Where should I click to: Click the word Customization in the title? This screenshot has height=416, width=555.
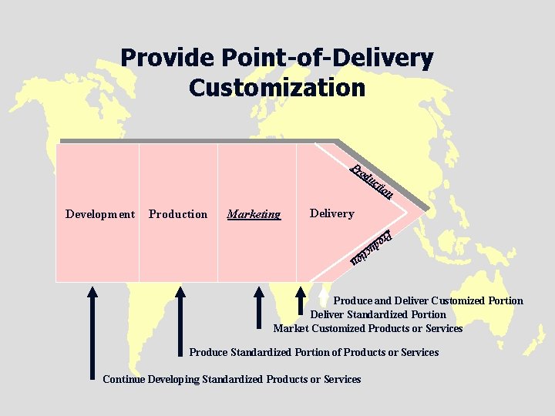[277, 87]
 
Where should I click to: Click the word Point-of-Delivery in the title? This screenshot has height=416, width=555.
[328, 58]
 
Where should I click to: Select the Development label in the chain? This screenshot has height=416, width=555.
[100, 214]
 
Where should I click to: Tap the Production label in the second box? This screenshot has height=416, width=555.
[178, 214]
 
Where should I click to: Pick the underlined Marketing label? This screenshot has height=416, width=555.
[254, 214]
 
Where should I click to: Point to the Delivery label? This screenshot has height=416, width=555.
[331, 213]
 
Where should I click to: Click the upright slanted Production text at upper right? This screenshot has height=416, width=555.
[372, 181]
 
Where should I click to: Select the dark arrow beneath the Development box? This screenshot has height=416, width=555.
[92, 331]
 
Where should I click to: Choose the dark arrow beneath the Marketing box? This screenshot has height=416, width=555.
[259, 308]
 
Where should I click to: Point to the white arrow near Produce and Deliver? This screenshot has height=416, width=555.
[323, 294]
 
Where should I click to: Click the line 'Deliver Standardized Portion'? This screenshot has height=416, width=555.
[378, 314]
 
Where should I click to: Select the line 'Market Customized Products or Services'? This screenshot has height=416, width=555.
[368, 328]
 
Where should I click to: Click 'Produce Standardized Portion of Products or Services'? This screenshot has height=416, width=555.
[314, 352]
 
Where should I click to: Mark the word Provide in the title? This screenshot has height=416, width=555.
[166, 58]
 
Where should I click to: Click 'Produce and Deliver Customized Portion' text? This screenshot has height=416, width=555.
[428, 300]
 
